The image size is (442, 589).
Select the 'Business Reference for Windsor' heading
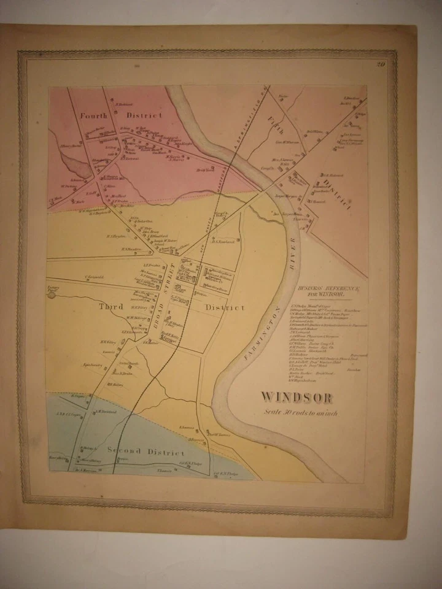tap(323, 290)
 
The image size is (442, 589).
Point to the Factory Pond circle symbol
tap(52, 294)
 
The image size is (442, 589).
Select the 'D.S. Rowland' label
tap(220, 241)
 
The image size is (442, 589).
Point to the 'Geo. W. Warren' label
tap(287, 142)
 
